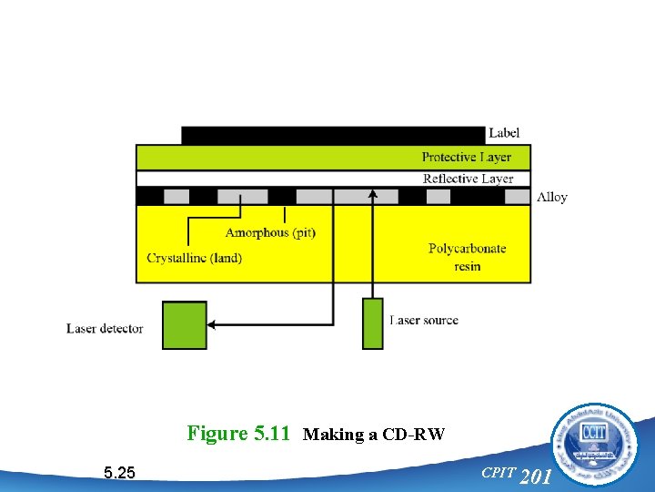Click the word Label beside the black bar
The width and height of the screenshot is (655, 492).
click(x=504, y=134)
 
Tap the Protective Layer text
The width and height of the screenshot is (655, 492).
click(x=466, y=157)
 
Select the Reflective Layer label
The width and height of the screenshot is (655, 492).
click(x=468, y=179)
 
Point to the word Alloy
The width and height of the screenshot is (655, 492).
click(x=551, y=197)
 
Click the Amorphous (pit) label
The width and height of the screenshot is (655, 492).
click(x=270, y=232)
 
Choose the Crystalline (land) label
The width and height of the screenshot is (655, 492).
click(x=195, y=258)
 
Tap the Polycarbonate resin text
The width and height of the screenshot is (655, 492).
click(x=467, y=257)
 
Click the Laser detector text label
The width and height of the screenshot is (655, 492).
click(x=105, y=328)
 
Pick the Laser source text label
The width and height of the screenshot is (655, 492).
click(x=424, y=321)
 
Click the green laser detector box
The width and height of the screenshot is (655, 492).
click(x=184, y=325)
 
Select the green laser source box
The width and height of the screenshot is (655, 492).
click(x=373, y=323)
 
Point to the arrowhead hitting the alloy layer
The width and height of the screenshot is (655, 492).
click(x=373, y=193)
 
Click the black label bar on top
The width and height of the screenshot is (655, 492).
click(x=333, y=135)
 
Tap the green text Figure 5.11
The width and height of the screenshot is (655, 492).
click(x=237, y=434)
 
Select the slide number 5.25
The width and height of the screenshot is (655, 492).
click(x=120, y=472)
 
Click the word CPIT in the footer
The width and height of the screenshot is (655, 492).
click(x=498, y=472)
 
